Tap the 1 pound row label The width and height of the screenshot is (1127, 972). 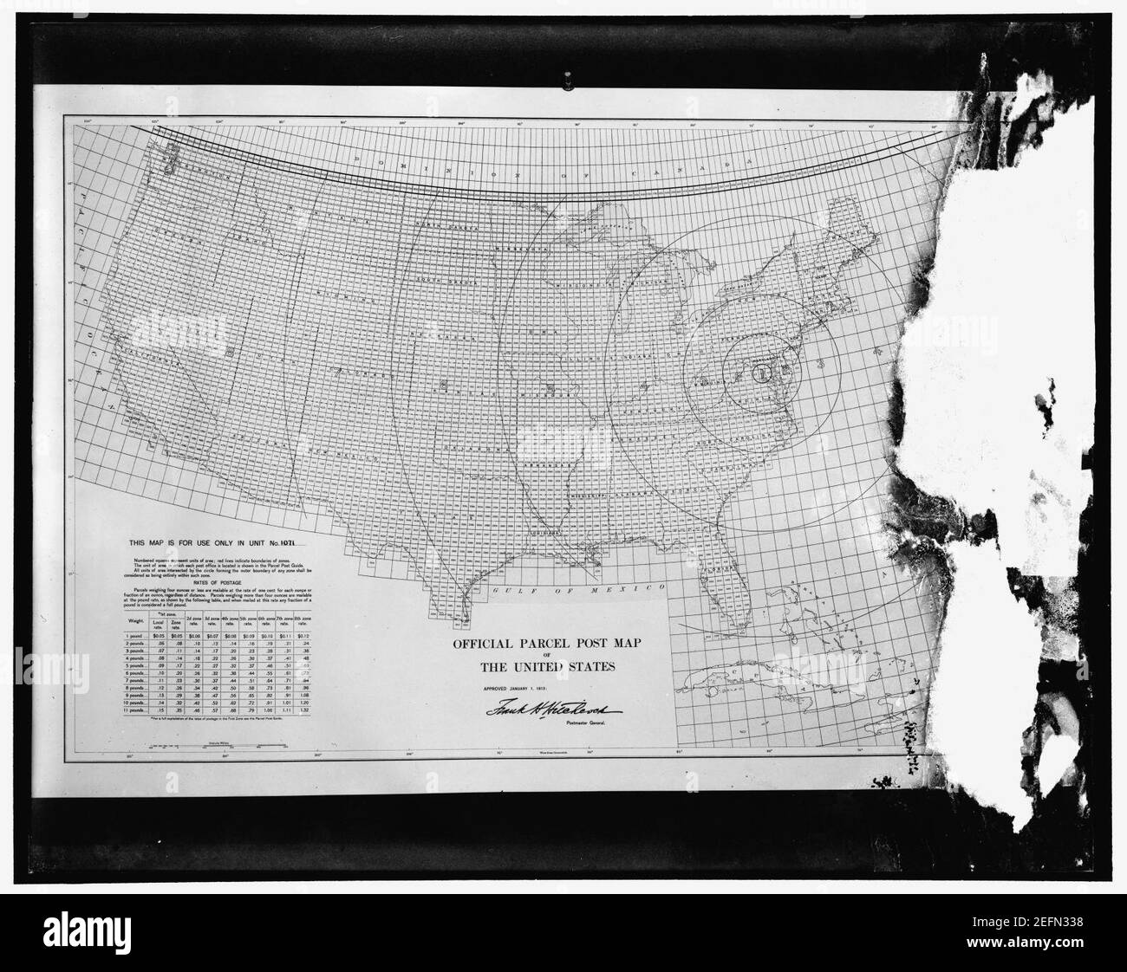139,637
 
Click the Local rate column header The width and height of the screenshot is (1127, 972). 158,624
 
